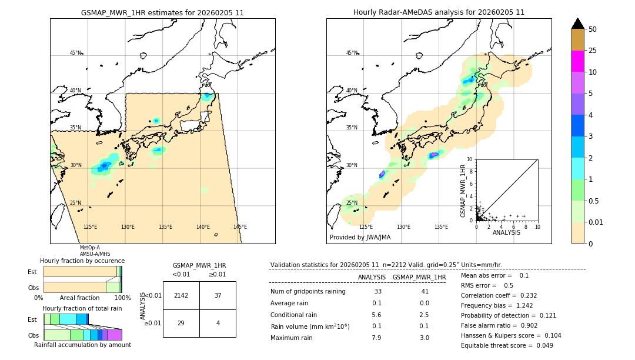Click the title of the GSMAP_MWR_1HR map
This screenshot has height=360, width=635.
tap(162, 12)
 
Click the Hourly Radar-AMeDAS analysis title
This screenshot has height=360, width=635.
tap(439, 12)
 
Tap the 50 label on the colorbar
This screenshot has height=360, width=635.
tap(593, 29)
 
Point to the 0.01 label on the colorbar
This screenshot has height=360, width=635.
tap(596, 222)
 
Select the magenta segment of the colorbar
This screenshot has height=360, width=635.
tap(577, 61)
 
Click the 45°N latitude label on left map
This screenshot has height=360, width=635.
tap(75, 53)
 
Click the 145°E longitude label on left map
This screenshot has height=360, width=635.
tap(240, 227)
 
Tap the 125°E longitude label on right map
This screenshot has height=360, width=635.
tap(366, 227)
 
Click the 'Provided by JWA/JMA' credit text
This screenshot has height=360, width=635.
tap(360, 238)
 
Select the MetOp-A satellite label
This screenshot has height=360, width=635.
tap(90, 248)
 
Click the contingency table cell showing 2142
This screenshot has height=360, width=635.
tap(181, 295)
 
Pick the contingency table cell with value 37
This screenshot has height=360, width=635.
tap(218, 295)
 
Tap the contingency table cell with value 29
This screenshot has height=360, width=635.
tap(181, 323)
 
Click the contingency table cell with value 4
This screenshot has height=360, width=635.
tap(218, 323)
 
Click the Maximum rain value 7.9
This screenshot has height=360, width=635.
tap(376, 338)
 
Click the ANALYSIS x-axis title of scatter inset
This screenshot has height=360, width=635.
tap(506, 232)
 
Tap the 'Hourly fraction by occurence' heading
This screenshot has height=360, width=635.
tap(82, 261)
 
